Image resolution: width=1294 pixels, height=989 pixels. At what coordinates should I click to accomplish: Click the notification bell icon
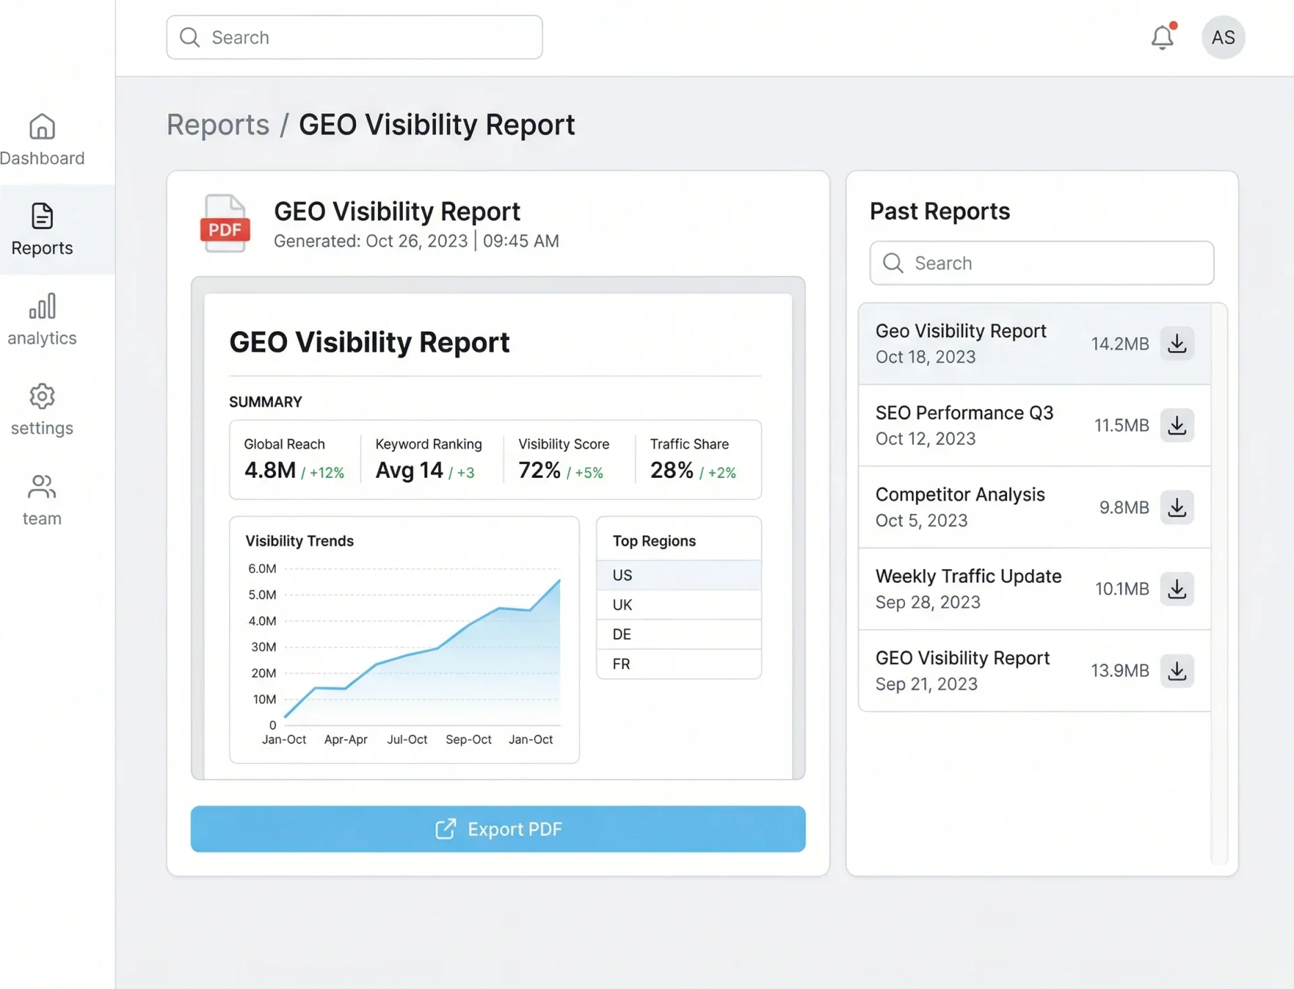[1162, 37]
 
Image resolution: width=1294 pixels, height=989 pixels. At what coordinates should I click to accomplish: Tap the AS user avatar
[1223, 37]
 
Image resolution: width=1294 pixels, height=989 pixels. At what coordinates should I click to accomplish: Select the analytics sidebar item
[42, 319]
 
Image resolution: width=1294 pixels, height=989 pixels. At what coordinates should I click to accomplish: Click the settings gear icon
[42, 397]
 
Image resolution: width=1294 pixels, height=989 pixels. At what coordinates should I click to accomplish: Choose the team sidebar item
[42, 500]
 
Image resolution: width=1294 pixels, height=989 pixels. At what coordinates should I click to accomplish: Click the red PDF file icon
[225, 224]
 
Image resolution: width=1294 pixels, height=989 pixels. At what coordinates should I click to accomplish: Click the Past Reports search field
[1042, 263]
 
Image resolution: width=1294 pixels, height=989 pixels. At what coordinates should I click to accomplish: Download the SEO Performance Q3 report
[1177, 426]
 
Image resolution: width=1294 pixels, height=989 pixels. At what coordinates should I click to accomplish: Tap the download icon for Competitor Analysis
[1177, 508]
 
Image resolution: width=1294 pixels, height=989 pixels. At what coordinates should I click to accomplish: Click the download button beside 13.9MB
[1177, 671]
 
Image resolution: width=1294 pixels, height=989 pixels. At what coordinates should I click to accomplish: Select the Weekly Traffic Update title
[968, 577]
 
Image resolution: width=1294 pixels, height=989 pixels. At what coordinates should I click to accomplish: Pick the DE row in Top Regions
[679, 635]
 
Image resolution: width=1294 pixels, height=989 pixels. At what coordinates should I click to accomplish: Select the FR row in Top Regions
[679, 664]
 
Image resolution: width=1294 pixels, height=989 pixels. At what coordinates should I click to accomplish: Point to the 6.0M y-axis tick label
[262, 569]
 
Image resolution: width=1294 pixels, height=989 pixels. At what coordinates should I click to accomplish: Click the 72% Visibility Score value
[539, 470]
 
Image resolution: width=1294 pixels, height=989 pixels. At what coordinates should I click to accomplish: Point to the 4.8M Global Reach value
[270, 470]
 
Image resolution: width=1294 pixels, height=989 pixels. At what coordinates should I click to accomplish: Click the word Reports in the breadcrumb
[218, 125]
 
